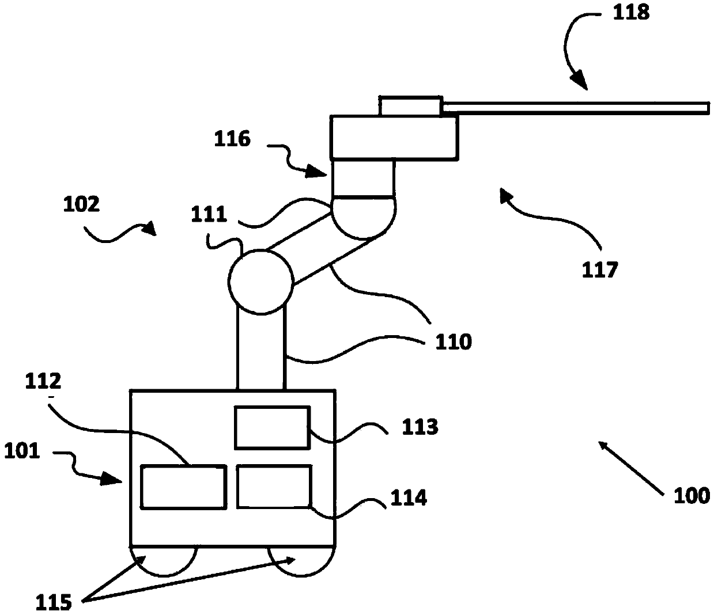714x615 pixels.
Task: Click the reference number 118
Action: coord(632,12)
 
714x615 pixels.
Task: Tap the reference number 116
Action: coord(233,139)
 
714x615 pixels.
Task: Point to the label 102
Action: coord(82,204)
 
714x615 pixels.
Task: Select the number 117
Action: coord(600,268)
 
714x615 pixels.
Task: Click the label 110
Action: coord(455,341)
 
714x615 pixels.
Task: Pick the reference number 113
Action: coord(420,427)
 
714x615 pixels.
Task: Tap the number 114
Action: coord(409,497)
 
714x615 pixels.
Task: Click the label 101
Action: coord(22,450)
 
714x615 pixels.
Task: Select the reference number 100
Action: coord(692,495)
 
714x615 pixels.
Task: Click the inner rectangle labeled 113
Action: coord(271,427)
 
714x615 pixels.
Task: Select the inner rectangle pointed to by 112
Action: coord(183,487)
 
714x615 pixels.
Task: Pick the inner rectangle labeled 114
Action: coord(274,487)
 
